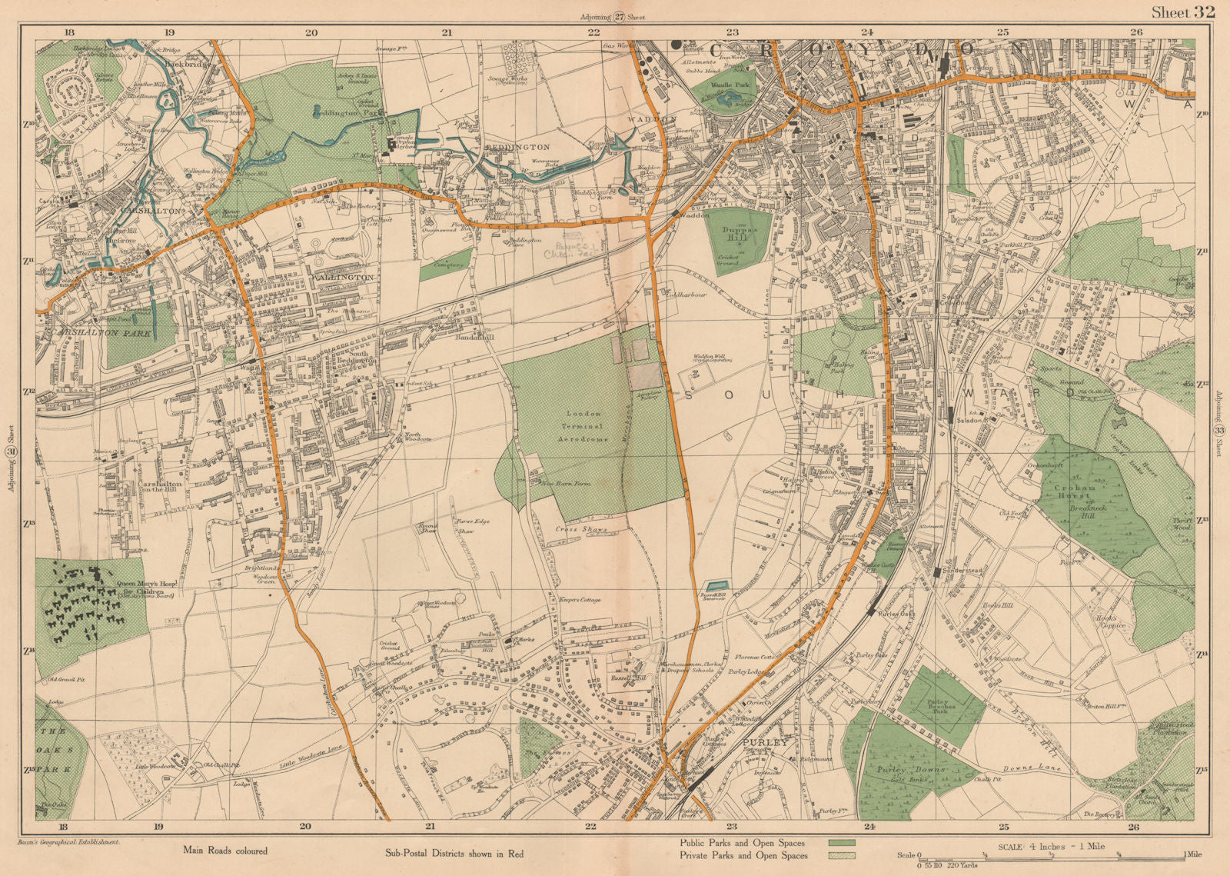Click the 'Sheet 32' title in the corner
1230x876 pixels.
click(1182, 12)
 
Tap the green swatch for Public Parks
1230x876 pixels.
click(841, 842)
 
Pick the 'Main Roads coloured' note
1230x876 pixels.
click(225, 850)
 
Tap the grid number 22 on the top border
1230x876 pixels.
click(593, 32)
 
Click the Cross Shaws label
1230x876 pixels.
click(582, 529)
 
